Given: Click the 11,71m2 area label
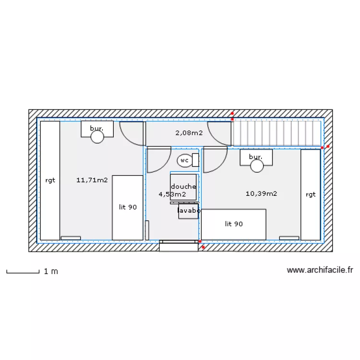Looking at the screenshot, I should click(x=92, y=180).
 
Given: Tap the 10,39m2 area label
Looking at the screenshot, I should click(x=261, y=194).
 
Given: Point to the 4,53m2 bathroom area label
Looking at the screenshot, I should click(x=172, y=194).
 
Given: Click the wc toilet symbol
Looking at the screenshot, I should click(x=184, y=161).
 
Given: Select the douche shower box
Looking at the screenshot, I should click(x=183, y=187).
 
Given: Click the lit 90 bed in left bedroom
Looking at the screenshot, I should click(x=128, y=207).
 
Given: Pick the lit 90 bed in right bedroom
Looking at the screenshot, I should click(x=234, y=224).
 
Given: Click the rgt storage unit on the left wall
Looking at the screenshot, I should click(x=50, y=180).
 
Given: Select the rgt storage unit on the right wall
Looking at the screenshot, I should click(x=311, y=194).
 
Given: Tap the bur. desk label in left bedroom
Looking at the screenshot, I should click(x=97, y=129).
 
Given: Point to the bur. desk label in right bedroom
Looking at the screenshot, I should click(x=256, y=157).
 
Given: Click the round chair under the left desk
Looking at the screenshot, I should click(x=97, y=137).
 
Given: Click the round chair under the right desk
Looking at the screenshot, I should click(x=257, y=166).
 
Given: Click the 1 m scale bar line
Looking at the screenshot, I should click(x=23, y=273).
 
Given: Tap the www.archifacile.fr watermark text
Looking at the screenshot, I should click(x=320, y=271).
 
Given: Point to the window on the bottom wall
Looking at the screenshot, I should click(x=179, y=245).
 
